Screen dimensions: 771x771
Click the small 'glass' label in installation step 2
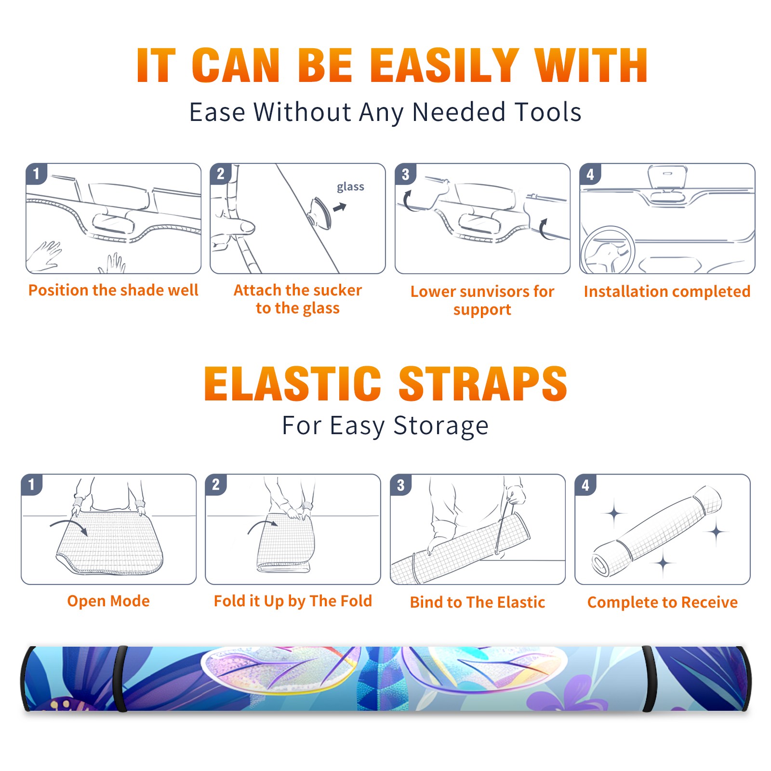[350, 187]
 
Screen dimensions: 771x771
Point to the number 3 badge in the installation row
[405, 174]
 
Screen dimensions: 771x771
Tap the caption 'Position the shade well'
[113, 290]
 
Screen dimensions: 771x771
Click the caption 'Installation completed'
[667, 291]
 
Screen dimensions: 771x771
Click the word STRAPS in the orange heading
[483, 384]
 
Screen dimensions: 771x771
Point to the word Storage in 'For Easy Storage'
[441, 426]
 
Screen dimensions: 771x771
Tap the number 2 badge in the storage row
[216, 485]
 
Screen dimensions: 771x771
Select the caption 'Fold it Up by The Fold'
[293, 601]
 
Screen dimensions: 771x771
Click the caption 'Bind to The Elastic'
[478, 602]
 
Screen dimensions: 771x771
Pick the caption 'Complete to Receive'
[663, 602]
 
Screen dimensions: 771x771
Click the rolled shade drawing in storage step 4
[657, 531]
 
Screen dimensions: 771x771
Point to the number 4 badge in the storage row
[585, 485]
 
